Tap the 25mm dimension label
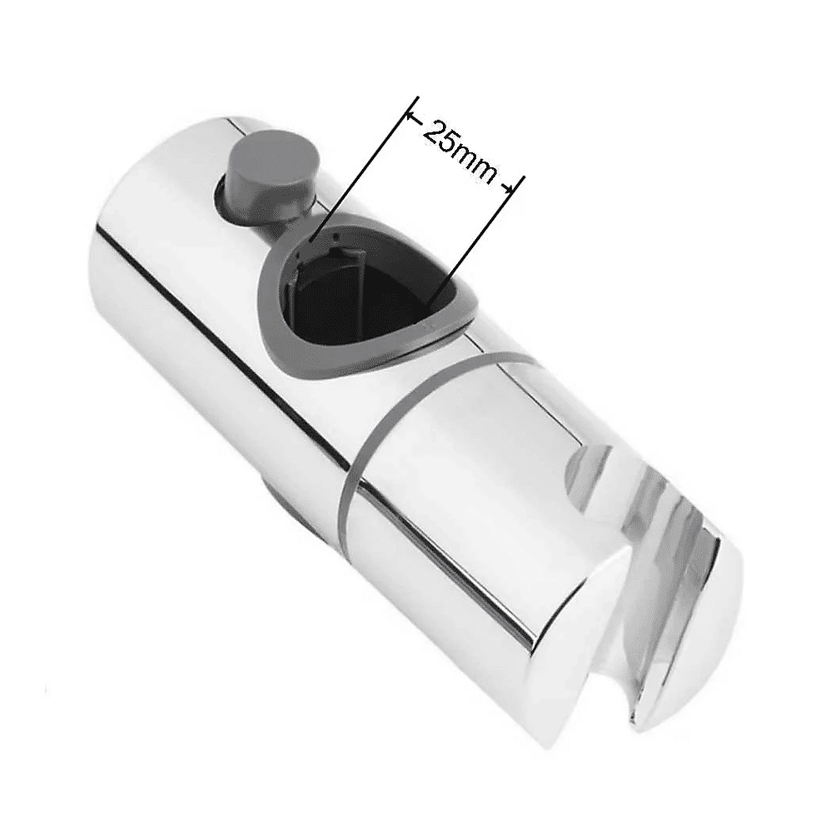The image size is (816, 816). (x=458, y=151)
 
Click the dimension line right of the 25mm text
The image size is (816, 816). (x=475, y=240)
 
